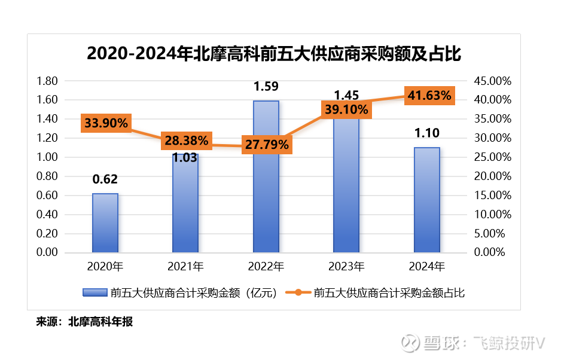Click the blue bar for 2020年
(105, 222)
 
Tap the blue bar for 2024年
(426, 200)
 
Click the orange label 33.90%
(106, 123)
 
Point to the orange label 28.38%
(185, 141)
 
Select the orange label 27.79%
(266, 145)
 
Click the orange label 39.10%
(346, 109)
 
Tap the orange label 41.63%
(429, 95)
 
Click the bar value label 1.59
(266, 87)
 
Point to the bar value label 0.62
(105, 179)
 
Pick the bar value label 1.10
(426, 133)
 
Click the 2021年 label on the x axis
(185, 266)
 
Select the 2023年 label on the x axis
(346, 266)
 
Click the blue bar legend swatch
(94, 292)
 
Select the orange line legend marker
(297, 292)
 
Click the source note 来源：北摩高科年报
(84, 322)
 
